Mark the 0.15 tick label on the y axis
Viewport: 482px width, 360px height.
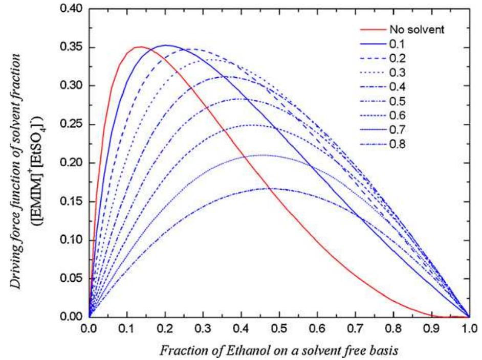(x=72, y=201)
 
